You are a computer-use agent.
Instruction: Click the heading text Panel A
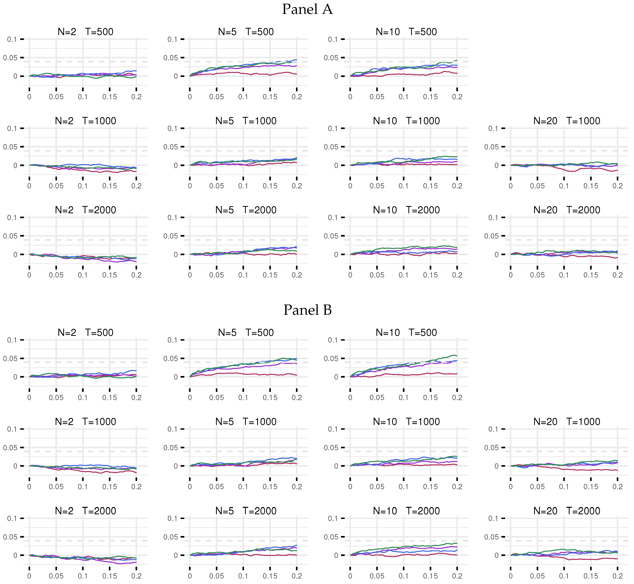[307, 9]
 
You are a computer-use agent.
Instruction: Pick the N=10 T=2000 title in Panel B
[406, 511]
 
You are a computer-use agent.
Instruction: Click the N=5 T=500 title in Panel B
[246, 333]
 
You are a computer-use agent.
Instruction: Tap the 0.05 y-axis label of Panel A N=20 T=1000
[491, 147]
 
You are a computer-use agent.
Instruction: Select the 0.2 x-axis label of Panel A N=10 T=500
[457, 97]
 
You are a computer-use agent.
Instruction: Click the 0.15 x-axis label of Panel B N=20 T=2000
[591, 576]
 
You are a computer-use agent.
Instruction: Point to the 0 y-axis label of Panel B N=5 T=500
[176, 377]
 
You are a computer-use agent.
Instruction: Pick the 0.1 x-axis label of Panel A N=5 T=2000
[243, 275]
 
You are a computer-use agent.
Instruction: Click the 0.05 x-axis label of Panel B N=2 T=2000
[56, 576]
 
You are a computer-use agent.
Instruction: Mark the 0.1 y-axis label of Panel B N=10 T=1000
[333, 429]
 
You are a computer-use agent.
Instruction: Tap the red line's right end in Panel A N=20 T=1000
[617, 170]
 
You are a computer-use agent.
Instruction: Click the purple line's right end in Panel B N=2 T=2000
[136, 562]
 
